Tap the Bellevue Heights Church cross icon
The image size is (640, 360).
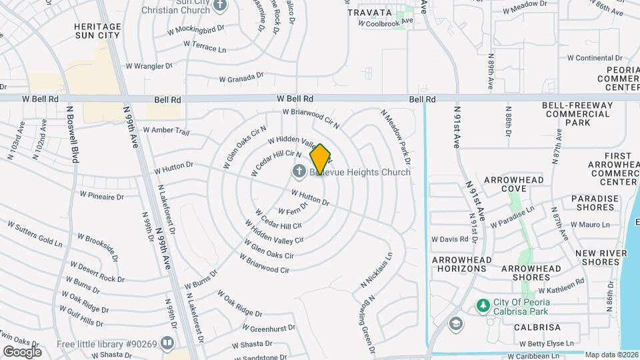click(299, 172)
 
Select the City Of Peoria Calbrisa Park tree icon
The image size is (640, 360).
click(483, 305)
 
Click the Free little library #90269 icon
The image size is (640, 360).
click(167, 344)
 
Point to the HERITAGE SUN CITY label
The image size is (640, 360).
click(97, 31)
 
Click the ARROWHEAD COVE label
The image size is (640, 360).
click(514, 184)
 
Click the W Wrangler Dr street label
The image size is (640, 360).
click(149, 66)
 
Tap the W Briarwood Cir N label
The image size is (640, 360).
click(311, 118)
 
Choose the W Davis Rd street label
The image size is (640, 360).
click(450, 239)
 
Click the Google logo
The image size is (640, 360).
click(22, 351)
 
